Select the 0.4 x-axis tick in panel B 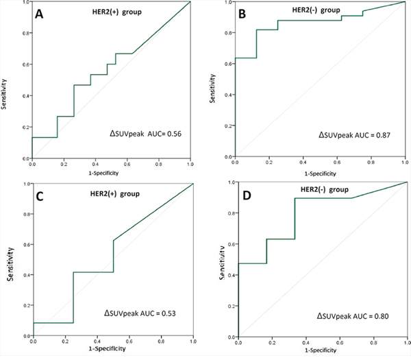[303, 162]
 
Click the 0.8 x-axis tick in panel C [160, 343]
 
